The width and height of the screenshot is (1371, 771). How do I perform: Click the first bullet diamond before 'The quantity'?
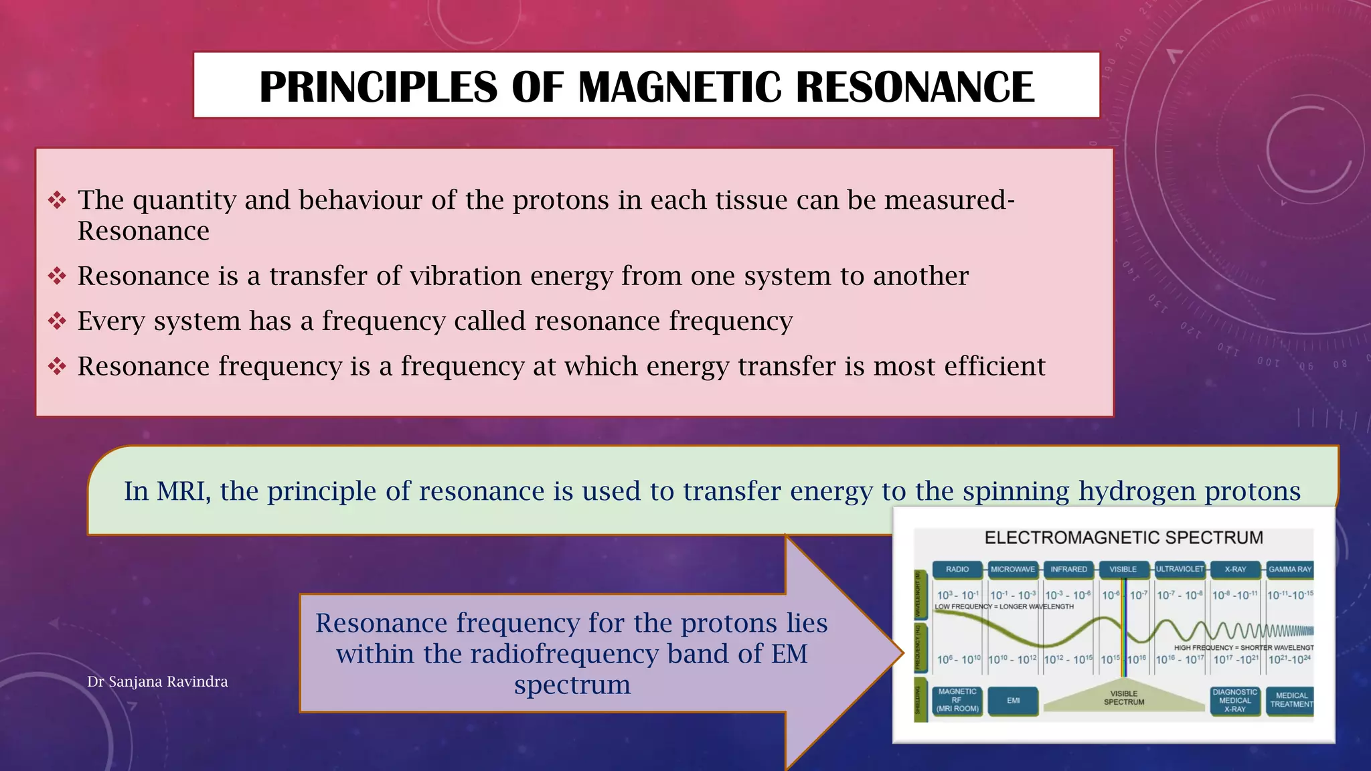(x=57, y=200)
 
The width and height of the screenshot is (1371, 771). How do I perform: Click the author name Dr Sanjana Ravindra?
(x=157, y=681)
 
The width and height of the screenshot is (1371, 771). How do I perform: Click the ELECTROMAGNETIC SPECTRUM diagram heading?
(x=1123, y=538)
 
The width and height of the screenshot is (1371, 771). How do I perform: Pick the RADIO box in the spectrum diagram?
(x=957, y=570)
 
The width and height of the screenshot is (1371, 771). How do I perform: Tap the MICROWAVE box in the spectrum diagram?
(x=1013, y=570)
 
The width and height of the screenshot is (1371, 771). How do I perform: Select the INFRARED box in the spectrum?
(x=1068, y=570)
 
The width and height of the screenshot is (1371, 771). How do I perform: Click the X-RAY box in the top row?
(x=1235, y=570)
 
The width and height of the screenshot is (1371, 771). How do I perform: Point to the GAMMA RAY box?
(x=1290, y=570)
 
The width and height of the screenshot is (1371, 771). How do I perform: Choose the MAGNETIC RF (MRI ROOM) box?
(x=957, y=701)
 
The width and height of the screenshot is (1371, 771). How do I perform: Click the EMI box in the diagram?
(x=1013, y=701)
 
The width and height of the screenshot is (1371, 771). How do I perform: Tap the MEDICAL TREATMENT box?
(x=1291, y=700)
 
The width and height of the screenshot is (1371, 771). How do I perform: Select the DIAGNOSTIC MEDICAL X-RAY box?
(x=1235, y=701)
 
